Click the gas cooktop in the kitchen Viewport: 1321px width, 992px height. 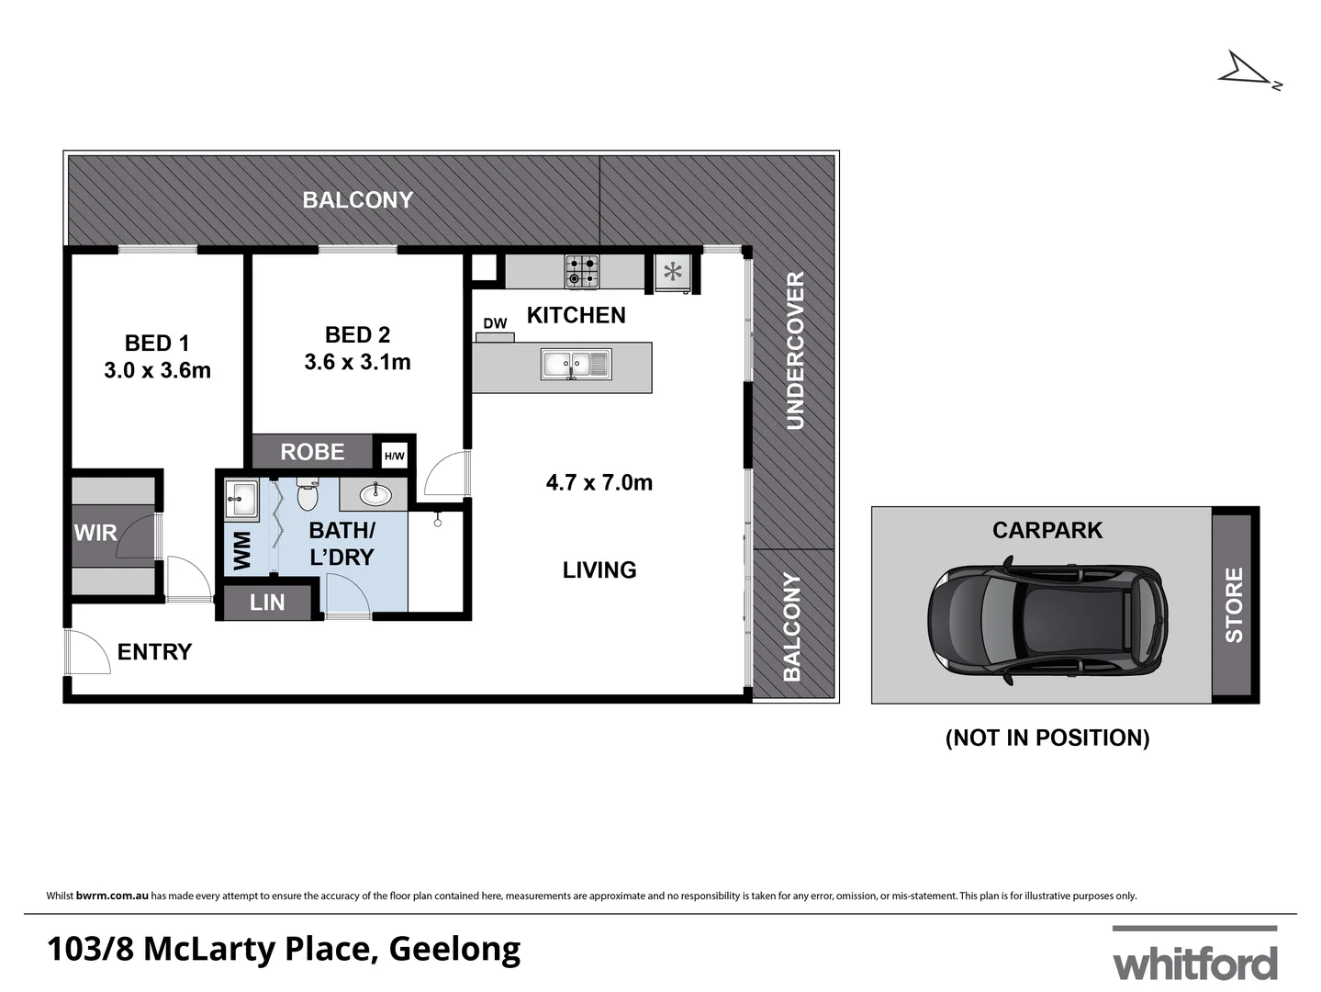[x=581, y=271]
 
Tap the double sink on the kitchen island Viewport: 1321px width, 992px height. [x=575, y=365]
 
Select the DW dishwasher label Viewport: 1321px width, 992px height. [x=495, y=323]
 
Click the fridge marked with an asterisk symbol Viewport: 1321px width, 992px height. [x=674, y=272]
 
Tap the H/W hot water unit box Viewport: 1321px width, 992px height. [x=394, y=456]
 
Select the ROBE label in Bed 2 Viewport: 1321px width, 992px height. [x=312, y=452]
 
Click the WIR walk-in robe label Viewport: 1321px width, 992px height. [x=95, y=533]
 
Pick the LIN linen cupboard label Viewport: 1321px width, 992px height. [x=267, y=603]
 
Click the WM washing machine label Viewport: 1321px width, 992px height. [x=242, y=550]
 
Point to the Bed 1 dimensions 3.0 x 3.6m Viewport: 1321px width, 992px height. [x=157, y=370]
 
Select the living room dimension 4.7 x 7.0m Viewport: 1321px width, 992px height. [x=599, y=482]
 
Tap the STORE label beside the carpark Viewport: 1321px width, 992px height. [x=1234, y=604]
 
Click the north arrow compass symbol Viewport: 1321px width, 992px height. [x=1247, y=72]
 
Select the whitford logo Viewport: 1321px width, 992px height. [x=1194, y=957]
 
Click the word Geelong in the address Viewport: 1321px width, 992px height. [x=454, y=949]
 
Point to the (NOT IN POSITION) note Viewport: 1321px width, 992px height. [x=1047, y=738]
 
